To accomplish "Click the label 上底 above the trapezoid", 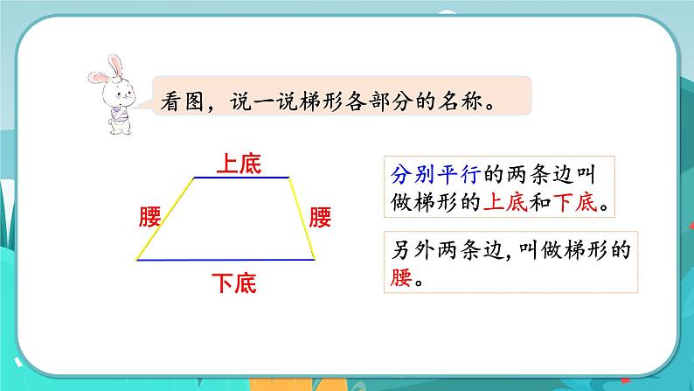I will pyautogui.click(x=239, y=163).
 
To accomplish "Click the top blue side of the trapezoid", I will pyautogui.click(x=241, y=178).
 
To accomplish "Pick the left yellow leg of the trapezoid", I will pyautogui.click(x=165, y=219).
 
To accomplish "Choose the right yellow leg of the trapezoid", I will pyautogui.click(x=302, y=219).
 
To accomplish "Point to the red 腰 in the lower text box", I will pyautogui.click(x=399, y=280).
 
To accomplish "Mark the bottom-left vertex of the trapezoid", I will pyautogui.click(x=137, y=260).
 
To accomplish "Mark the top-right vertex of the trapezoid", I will pyautogui.click(x=289, y=178).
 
